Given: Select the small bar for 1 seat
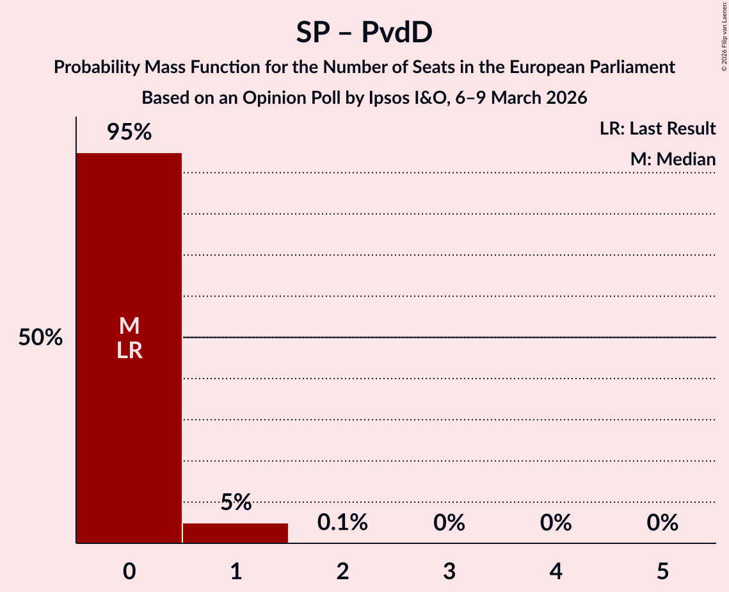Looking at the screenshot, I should [x=236, y=533].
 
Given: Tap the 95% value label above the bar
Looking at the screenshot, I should [x=129, y=133].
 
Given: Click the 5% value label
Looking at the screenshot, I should [x=236, y=502].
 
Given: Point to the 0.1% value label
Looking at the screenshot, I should [x=342, y=523].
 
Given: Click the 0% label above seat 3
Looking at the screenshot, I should [x=449, y=523].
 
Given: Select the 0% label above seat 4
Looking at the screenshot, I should [x=556, y=523].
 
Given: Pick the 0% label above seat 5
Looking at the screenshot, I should [x=662, y=523].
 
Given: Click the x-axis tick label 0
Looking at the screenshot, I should [x=129, y=571].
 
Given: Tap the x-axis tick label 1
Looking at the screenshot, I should [x=236, y=571].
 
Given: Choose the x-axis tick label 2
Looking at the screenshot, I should [x=342, y=571].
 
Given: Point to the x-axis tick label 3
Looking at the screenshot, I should [x=449, y=571].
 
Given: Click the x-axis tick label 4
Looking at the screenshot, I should [x=556, y=571].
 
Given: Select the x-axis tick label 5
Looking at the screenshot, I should [x=662, y=571].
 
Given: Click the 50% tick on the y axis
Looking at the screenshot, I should [x=40, y=338].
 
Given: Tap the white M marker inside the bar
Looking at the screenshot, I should [x=129, y=326].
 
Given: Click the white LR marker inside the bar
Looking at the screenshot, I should [x=129, y=350].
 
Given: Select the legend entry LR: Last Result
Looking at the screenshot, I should [x=657, y=129].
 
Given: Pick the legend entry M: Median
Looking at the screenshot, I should [x=672, y=159].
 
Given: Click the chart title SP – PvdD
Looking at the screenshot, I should [x=364, y=33].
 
